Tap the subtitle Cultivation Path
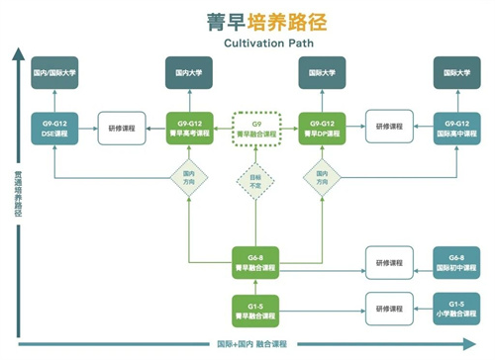point(247,45)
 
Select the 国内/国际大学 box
point(54,72)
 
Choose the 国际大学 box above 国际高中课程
point(456,72)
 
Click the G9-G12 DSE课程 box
point(54,128)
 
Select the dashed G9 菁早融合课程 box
point(254,128)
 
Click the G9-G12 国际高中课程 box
point(456,128)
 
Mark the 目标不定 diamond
point(254,181)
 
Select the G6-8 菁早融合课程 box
point(254,260)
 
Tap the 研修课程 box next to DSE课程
point(122,128)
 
